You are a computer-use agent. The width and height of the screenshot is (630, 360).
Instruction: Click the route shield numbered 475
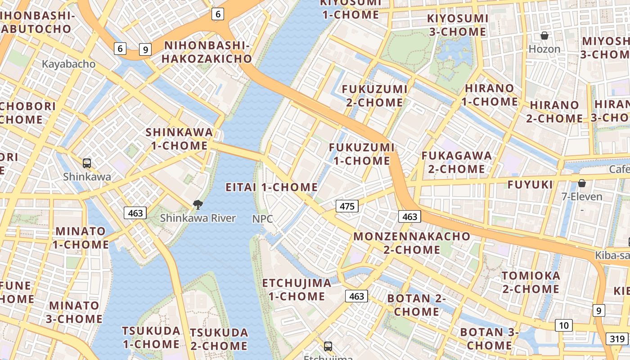point(346,207)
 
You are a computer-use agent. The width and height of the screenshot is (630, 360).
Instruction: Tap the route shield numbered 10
point(563,325)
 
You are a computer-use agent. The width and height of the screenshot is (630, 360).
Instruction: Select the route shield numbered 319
point(618,339)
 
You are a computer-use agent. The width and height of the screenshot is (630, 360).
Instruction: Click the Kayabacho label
point(68,64)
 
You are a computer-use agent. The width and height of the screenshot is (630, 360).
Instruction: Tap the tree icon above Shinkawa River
point(198,205)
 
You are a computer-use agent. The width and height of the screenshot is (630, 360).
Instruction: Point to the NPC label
point(262,219)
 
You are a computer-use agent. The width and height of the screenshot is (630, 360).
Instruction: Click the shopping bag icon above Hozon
point(544,36)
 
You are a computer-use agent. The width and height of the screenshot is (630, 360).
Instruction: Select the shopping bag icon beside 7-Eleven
point(582,183)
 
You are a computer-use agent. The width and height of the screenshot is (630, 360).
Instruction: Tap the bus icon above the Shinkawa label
point(87,163)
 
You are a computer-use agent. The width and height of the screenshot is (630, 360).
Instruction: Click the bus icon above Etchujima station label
point(328,346)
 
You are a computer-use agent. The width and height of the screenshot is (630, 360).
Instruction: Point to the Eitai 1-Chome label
point(271,187)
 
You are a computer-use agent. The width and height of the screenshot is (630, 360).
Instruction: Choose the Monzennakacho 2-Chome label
point(412,243)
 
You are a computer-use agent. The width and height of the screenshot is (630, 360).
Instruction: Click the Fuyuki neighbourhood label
point(530,184)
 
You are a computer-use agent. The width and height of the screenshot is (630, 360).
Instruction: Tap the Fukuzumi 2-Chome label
point(374,96)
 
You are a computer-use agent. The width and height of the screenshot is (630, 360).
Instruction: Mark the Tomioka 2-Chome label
point(531,282)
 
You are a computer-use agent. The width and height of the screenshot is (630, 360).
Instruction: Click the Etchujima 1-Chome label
point(297,289)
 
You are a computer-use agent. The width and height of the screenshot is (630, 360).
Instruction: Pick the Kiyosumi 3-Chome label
point(457,25)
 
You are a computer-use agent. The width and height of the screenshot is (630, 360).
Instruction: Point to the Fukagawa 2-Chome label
point(456,162)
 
